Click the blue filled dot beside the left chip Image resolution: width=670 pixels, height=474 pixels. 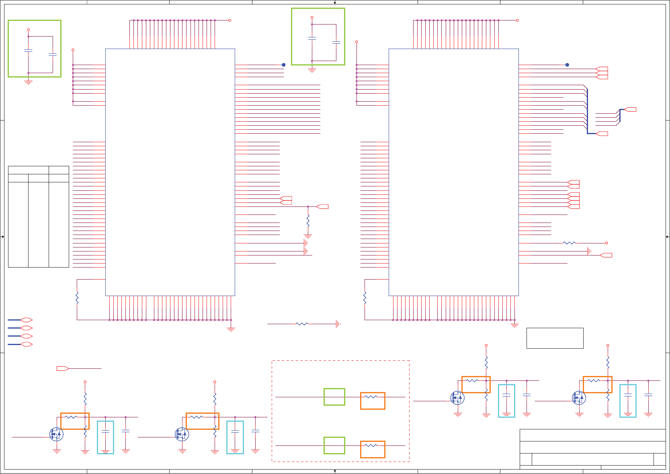[x=283, y=65]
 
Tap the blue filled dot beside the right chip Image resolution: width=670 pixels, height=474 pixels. [x=567, y=65]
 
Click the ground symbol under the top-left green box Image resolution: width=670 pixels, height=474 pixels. [x=28, y=82]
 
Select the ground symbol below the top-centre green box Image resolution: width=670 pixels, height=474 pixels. [x=312, y=71]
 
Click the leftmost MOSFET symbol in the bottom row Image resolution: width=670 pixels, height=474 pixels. [x=56, y=434]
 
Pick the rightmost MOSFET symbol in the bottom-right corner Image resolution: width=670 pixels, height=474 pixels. [x=579, y=398]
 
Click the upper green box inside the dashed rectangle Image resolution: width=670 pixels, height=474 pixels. [x=334, y=397]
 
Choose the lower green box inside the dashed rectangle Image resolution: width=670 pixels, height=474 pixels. [x=334, y=445]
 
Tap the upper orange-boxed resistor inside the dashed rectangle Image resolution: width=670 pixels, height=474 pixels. [x=372, y=401]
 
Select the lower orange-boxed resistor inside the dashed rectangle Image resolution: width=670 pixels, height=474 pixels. [x=372, y=449]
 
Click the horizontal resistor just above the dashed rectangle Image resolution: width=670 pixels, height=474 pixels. [x=301, y=324]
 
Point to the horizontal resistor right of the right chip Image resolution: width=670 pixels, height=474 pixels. [x=569, y=243]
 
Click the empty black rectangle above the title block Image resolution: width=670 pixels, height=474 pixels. [x=555, y=338]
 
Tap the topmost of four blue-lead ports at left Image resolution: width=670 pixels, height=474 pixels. [x=26, y=320]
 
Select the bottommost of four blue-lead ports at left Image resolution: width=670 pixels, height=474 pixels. [x=26, y=344]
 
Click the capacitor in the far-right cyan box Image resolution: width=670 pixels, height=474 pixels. [x=628, y=396]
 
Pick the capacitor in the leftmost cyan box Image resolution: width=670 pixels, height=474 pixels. [x=105, y=432]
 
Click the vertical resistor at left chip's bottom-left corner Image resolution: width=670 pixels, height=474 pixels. [x=77, y=298]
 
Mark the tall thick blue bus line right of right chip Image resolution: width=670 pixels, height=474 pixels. [x=587, y=111]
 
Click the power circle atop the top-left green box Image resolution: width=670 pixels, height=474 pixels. [x=28, y=30]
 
